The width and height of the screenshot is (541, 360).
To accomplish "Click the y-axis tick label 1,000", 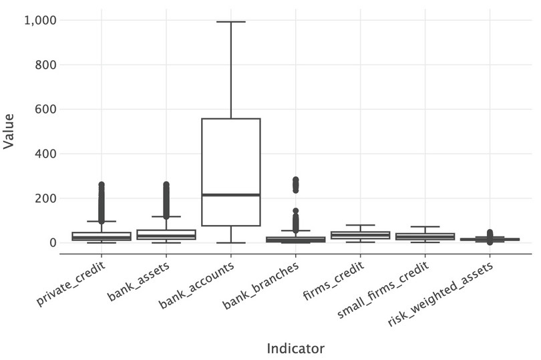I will click(x=39, y=21).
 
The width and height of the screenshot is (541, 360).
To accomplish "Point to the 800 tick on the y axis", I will click(x=44, y=65).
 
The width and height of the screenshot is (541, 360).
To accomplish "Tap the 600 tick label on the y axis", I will click(x=44, y=110).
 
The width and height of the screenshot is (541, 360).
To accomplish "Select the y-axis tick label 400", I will click(x=44, y=154).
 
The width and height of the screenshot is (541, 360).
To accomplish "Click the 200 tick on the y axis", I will click(x=44, y=198).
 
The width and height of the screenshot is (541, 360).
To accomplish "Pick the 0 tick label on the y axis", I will click(x=51, y=243).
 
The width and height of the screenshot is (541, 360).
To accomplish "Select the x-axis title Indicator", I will click(x=295, y=348).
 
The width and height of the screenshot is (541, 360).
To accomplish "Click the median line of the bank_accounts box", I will click(x=230, y=194).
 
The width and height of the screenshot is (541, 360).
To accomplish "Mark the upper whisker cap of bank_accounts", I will click(x=230, y=22).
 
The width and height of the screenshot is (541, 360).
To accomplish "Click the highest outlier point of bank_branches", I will click(x=295, y=180).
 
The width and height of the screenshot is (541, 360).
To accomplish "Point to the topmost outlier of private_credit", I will click(x=102, y=185).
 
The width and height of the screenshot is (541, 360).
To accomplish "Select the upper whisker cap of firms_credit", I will click(x=360, y=225).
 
